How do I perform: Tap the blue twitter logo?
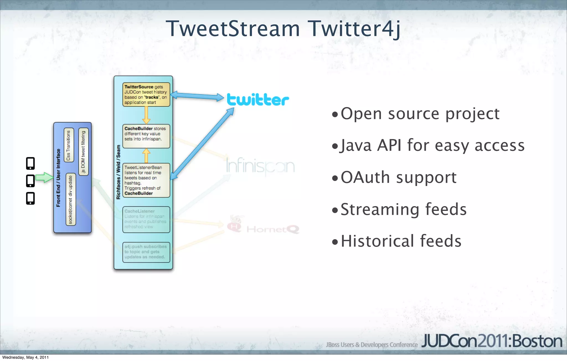(x=258, y=100)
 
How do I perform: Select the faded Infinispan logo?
(x=260, y=166)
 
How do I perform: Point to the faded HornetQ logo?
(x=263, y=228)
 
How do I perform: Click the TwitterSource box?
(x=146, y=94)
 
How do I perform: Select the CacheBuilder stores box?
(x=146, y=136)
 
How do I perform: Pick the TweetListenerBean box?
(x=146, y=180)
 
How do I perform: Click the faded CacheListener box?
(x=146, y=219)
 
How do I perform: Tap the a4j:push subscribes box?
(x=146, y=252)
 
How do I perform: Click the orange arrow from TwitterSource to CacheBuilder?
(x=146, y=115)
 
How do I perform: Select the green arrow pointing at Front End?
(x=44, y=177)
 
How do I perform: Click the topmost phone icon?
(x=30, y=163)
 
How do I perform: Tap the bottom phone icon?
(x=30, y=198)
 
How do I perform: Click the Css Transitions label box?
(x=69, y=145)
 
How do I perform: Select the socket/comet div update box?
(x=71, y=199)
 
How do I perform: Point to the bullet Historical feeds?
(x=401, y=241)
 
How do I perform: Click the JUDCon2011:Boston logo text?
(x=492, y=341)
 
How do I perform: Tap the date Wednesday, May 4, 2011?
(x=25, y=357)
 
